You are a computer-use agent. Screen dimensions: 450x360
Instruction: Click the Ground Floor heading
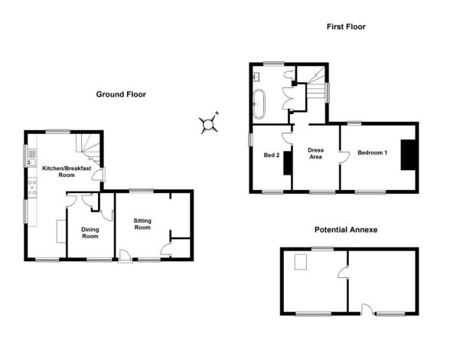121,94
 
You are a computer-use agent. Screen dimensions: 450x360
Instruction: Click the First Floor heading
346,27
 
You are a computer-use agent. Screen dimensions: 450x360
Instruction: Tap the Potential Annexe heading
346,230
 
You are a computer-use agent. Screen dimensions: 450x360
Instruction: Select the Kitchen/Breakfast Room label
67,172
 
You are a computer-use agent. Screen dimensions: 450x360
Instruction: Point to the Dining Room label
90,233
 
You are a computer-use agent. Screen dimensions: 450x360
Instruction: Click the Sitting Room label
142,224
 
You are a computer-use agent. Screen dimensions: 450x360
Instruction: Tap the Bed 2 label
272,155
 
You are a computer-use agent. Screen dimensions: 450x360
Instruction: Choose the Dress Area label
315,153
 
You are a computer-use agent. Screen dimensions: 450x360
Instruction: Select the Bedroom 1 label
372,152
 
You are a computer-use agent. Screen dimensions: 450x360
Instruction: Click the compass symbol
209,124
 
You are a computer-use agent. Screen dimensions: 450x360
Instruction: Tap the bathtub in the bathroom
259,104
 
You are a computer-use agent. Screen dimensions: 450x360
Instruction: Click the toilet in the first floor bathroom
289,74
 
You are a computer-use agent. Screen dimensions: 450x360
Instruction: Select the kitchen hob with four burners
32,187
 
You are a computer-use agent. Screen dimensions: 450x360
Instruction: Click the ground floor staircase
89,149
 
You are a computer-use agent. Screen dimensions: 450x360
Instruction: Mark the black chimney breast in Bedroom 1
408,155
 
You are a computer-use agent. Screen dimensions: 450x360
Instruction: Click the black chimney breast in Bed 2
288,163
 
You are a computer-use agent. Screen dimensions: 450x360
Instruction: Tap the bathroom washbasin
256,77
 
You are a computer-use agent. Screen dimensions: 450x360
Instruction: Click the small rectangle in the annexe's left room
301,262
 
